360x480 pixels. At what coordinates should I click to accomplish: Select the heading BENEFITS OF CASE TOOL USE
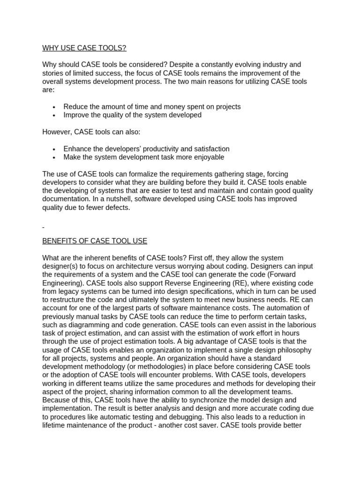(x=95, y=241)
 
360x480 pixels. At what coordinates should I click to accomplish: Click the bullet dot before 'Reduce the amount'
(x=55, y=107)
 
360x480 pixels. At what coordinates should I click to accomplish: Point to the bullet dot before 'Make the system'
(x=55, y=157)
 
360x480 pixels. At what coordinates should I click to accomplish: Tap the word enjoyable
(x=205, y=157)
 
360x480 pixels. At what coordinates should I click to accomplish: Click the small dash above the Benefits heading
(x=43, y=227)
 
